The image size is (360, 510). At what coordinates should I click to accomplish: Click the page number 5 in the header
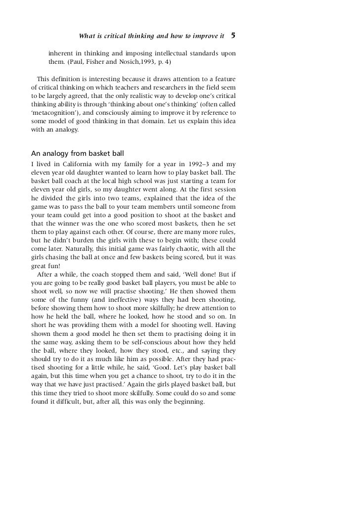[233, 36]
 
